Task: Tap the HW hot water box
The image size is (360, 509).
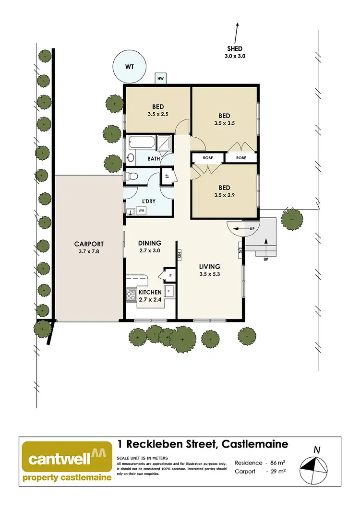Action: click(160, 78)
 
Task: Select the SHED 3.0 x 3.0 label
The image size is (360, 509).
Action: click(235, 52)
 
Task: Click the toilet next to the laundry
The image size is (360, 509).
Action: click(131, 177)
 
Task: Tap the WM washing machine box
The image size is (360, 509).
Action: click(141, 210)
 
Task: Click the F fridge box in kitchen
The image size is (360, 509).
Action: click(168, 291)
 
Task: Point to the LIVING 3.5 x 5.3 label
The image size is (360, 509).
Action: click(210, 271)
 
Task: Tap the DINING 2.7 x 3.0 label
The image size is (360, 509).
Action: click(149, 247)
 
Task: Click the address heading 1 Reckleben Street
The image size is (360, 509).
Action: click(203, 444)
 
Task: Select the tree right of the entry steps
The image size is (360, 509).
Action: click(292, 219)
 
